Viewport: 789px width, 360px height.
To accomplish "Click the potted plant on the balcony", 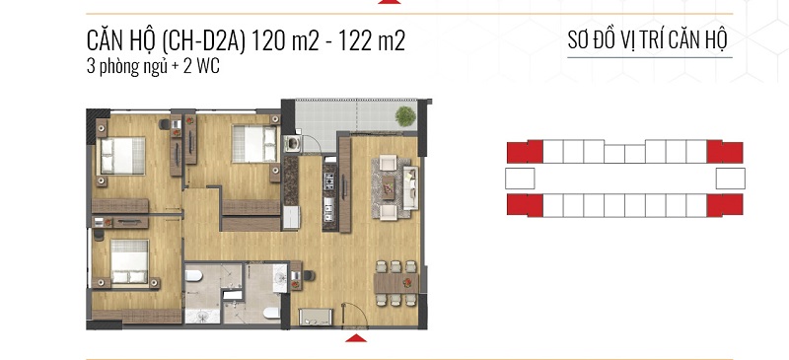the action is coord(405,116).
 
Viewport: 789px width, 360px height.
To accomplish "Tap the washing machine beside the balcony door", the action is coord(292,143).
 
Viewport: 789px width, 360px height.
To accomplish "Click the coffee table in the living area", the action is coord(388,187).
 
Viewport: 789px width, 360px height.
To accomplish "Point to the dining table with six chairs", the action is coord(396,283).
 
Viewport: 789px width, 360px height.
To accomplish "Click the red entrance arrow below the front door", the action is coord(356,338).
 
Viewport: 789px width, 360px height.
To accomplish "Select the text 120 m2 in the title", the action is coord(284,41).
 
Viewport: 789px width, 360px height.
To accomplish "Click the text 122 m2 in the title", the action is coord(372,41).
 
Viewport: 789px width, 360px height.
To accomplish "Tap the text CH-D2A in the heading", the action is coord(203,41).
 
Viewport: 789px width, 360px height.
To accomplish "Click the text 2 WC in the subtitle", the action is coord(201,67).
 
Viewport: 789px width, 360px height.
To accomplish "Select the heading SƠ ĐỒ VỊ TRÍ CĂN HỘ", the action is coord(648,40).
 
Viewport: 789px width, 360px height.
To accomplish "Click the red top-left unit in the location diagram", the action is coord(525,152).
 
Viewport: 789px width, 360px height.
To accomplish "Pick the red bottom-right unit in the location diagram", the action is coord(725,205).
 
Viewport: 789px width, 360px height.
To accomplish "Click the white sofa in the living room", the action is coord(410,187).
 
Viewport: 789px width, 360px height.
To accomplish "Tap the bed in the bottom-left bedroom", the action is coord(130,261).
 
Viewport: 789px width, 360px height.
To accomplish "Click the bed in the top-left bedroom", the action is coord(122,156).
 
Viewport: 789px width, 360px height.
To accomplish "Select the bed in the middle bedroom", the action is coord(254,144).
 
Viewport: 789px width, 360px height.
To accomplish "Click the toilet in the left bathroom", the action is coord(193,275).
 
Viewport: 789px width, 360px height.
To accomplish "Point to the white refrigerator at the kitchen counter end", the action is coord(291,218).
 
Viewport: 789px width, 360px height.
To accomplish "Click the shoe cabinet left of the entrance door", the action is coord(316,317).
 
